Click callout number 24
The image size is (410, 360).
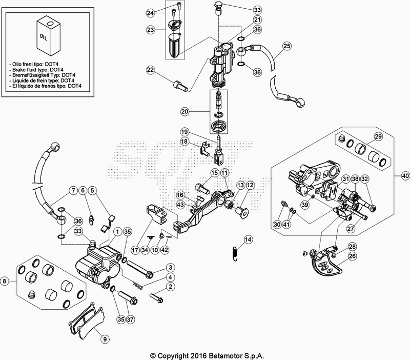[x=150, y=12]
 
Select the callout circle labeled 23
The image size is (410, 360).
[x=150, y=30]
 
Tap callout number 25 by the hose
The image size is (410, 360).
[x=286, y=47]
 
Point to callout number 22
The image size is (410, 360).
[x=150, y=70]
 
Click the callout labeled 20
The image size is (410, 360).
[x=185, y=111]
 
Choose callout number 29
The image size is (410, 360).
[x=378, y=136]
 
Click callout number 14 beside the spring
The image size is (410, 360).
[x=248, y=239]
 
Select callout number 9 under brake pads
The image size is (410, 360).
[x=104, y=338]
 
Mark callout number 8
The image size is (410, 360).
[x=5, y=281]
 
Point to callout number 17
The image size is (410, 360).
[x=135, y=250]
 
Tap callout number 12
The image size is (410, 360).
[x=250, y=185]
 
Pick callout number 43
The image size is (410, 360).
[x=180, y=205]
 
